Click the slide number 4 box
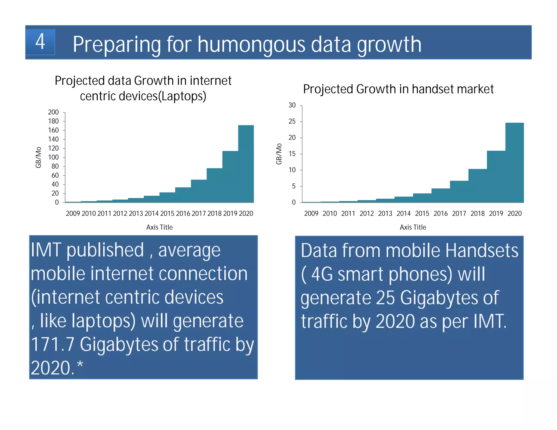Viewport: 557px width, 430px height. point(40,42)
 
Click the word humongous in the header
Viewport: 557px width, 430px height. point(251,45)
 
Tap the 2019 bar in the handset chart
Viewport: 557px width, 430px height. point(496,177)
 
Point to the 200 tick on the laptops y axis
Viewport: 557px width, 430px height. point(53,112)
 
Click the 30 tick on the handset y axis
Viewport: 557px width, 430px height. point(292,105)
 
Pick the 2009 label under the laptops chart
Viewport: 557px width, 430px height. point(73,214)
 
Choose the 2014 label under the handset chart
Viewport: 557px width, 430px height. point(404,214)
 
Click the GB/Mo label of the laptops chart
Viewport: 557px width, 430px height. point(38,157)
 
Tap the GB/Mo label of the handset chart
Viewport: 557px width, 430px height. point(279,154)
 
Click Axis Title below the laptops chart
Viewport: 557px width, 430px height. point(159,227)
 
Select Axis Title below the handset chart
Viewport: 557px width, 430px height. point(413,227)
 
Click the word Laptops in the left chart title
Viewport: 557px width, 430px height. point(182,96)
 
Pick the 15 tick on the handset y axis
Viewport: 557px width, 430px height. point(292,154)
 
